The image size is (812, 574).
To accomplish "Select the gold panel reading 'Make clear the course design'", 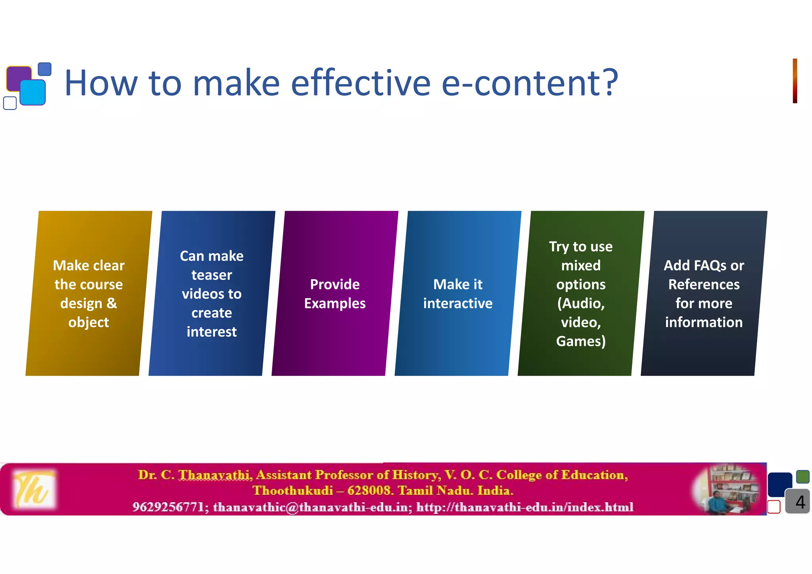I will click(88, 293).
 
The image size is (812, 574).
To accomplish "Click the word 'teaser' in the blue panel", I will click(211, 275).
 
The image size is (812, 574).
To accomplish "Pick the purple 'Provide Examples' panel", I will click(335, 293).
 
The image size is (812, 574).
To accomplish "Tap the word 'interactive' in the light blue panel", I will click(458, 303).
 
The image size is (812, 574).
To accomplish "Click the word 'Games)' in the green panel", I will click(581, 341).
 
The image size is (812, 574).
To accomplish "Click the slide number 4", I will click(800, 502).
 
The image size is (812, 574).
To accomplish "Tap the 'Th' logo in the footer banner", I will click(33, 489).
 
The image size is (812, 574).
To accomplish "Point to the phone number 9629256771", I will click(168, 507).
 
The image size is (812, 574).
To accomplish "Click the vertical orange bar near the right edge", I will click(795, 81).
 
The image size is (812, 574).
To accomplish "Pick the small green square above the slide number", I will click(802, 476).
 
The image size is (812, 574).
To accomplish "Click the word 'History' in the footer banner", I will click(416, 475).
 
